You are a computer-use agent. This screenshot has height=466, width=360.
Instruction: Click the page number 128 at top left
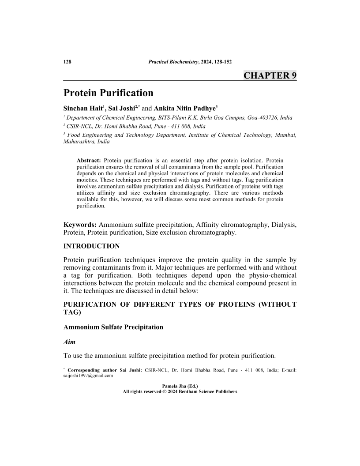tap(67, 61)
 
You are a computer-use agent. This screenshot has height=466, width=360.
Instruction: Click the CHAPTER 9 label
tap(270, 75)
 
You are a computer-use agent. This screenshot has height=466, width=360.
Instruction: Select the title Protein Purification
tap(109, 93)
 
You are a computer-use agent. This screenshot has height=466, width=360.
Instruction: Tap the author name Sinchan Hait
tap(82, 108)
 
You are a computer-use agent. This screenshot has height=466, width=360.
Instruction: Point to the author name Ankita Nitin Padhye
tap(184, 108)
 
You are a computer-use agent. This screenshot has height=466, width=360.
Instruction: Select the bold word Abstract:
tap(89, 160)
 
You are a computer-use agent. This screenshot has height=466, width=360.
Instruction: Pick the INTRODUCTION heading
tap(91, 246)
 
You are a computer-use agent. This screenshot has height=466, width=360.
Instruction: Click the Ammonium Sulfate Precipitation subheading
tap(113, 327)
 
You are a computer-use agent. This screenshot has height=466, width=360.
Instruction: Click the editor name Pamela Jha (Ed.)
tap(180, 386)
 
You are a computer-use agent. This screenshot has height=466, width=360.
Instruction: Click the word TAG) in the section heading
tap(73, 312)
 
